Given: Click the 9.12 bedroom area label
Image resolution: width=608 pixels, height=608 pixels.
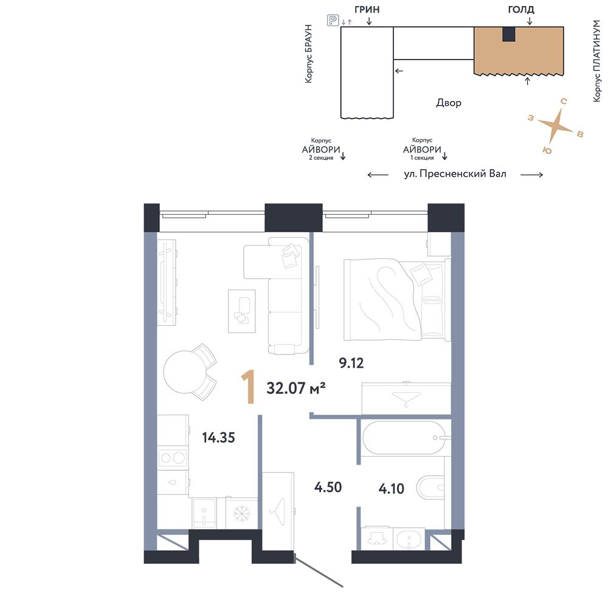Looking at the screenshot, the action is click(x=351, y=364).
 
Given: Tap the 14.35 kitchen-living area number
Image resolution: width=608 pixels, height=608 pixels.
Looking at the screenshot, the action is click(x=218, y=438).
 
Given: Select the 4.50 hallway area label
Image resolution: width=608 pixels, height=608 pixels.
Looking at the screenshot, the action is click(x=328, y=487).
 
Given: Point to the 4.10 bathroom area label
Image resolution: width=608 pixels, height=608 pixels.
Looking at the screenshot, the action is click(x=391, y=489).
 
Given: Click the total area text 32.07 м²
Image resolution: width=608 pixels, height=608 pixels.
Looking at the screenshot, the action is click(x=296, y=388).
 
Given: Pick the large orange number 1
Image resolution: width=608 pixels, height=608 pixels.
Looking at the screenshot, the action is click(x=248, y=387).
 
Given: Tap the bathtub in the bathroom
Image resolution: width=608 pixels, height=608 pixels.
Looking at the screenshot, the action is click(x=404, y=438).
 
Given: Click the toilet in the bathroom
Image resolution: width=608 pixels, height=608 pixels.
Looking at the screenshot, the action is click(x=430, y=487).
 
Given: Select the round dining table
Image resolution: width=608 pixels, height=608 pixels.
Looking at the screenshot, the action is click(x=182, y=372).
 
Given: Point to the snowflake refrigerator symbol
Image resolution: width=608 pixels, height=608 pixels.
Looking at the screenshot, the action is click(x=242, y=513).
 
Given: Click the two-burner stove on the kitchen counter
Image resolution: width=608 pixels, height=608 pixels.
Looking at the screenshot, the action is click(x=173, y=458).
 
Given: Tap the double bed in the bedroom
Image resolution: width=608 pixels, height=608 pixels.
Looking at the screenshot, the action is click(x=397, y=300).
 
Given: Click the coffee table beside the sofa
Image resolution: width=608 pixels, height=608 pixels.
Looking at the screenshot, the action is click(x=241, y=311).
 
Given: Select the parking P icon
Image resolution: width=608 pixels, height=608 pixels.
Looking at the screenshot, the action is click(x=333, y=20).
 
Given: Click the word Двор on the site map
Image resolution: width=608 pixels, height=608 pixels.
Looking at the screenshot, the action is click(x=449, y=103).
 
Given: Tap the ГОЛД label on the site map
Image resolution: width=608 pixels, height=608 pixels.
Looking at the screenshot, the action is click(x=521, y=9).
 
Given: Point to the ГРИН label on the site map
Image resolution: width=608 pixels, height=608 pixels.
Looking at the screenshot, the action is click(x=367, y=9).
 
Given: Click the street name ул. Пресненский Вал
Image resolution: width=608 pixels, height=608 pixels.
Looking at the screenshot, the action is click(x=455, y=174).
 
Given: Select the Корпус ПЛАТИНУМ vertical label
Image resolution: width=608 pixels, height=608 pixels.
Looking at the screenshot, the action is click(x=597, y=61).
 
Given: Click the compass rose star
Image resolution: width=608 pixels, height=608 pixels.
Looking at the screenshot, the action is click(x=555, y=125).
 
